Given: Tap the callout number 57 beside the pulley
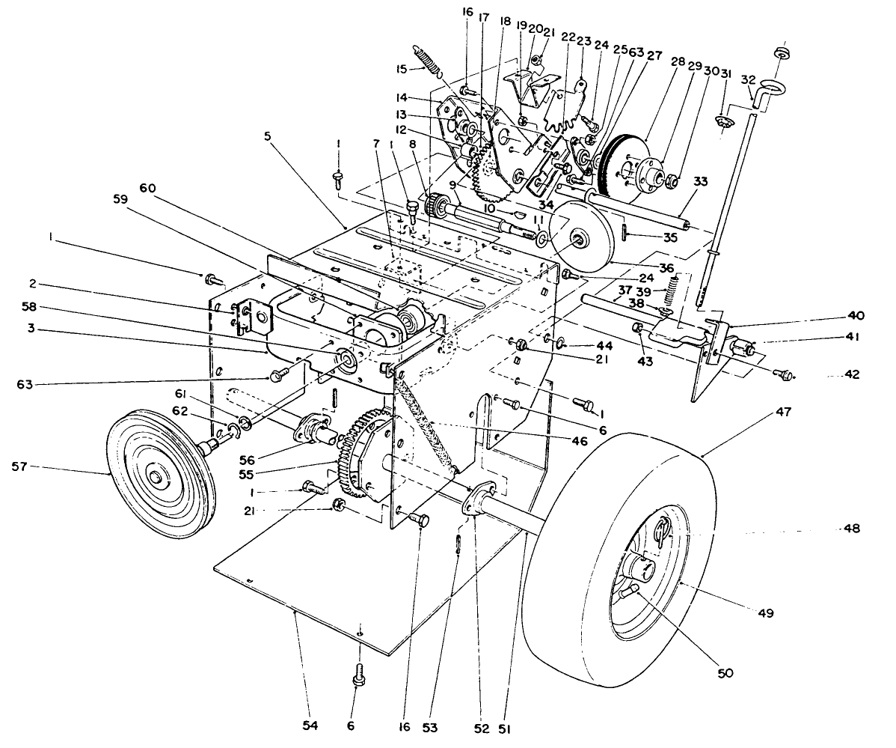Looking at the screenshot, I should [x=20, y=466].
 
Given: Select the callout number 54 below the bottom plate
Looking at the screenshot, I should [x=309, y=726].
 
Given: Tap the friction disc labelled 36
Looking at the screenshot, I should [x=580, y=237].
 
